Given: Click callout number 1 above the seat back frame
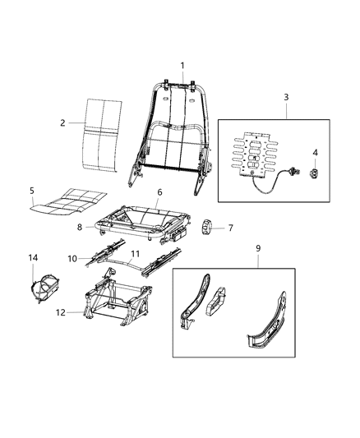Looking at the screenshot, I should click(x=182, y=66).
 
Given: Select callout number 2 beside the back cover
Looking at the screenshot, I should click(x=62, y=123).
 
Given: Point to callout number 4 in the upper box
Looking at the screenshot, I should click(x=316, y=152).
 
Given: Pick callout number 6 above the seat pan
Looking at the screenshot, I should click(x=159, y=191).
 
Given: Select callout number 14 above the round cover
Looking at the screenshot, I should click(x=34, y=258).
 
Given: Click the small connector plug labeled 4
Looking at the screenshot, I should click(x=316, y=172).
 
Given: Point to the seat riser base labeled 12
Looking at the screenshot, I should click(x=115, y=301).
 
